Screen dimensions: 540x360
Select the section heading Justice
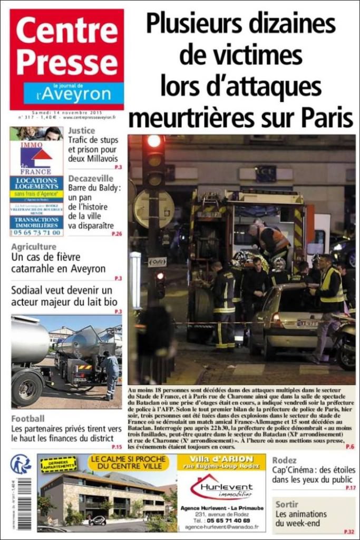point(82,131)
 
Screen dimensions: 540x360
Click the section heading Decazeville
point(91,178)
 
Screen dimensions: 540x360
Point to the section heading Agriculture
point(34,247)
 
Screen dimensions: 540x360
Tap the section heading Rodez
point(284,460)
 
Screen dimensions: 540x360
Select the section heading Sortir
point(287,504)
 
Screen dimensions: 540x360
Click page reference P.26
point(117,234)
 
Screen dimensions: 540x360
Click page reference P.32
point(349,532)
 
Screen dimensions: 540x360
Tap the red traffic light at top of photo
point(154,141)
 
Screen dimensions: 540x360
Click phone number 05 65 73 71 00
point(36,232)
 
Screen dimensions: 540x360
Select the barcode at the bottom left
point(24,503)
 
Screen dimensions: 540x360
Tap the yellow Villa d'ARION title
point(221,458)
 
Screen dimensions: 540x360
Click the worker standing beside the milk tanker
point(111,374)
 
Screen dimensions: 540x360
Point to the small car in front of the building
point(97,520)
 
